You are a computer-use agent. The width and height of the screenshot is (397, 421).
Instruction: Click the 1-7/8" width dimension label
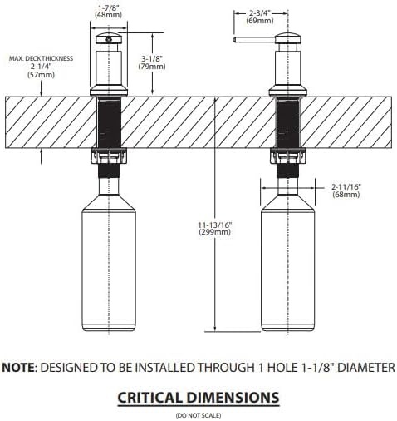109,8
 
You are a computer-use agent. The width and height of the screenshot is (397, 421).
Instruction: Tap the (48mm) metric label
108,15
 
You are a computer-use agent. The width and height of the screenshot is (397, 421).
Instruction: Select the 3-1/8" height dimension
152,59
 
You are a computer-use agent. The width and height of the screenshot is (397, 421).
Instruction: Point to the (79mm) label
152,67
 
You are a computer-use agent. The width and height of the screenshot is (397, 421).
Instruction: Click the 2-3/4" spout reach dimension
260,13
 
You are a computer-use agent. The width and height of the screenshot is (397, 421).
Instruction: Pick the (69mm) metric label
260,21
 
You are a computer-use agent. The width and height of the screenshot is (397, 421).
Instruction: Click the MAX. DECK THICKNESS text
41,58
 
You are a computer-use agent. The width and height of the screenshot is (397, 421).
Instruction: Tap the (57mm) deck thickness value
42,75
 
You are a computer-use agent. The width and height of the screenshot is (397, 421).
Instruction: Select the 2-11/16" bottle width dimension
346,186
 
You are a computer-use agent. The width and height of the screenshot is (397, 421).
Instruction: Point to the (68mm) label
346,195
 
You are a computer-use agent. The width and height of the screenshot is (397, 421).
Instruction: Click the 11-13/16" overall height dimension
215,224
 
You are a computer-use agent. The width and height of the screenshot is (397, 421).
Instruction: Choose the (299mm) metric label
215,232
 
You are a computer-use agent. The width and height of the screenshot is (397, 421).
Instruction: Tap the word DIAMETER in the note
366,368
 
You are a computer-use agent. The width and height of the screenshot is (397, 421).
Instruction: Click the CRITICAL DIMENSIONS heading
198,398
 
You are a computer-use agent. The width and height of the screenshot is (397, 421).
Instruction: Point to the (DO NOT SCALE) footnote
198,415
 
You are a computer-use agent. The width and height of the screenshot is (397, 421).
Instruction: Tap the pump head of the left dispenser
109,38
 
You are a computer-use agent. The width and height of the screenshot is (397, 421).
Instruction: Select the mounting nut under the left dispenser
109,156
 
